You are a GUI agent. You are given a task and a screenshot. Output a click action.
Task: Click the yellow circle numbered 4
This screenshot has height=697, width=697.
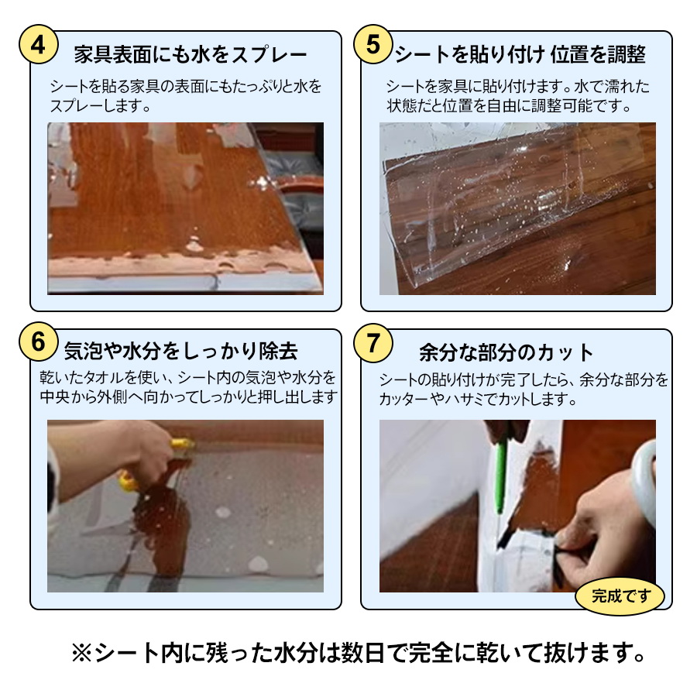tap(38, 45)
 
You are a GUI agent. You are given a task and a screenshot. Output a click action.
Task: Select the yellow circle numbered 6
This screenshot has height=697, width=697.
tap(38, 342)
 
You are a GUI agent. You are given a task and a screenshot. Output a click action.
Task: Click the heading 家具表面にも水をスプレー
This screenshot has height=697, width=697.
tap(191, 55)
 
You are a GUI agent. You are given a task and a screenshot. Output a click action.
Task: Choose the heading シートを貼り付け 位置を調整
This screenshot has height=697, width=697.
tap(520, 55)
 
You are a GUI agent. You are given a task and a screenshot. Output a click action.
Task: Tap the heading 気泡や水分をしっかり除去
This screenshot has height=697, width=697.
tap(180, 352)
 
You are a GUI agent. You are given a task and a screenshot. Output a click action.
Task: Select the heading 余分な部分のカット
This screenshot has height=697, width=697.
tap(506, 353)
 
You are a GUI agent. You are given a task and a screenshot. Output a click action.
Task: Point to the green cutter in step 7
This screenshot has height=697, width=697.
tap(500, 472)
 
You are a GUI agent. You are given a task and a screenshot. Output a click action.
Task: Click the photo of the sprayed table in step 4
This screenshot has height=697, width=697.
tap(186, 208)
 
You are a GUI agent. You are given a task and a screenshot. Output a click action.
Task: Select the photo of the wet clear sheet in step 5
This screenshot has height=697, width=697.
tap(517, 208)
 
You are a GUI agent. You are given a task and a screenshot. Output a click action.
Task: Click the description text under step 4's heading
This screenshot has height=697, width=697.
tap(186, 95)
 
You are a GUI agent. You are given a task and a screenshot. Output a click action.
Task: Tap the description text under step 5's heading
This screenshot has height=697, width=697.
tap(517, 95)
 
